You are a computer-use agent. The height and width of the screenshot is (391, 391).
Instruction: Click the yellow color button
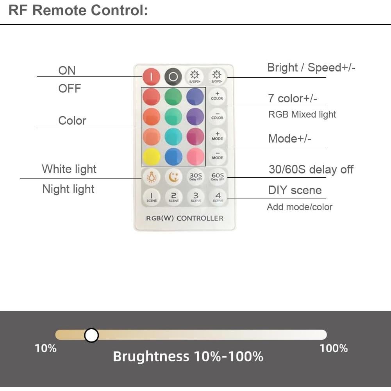click(151, 157)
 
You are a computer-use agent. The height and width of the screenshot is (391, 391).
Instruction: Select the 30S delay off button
click(195, 177)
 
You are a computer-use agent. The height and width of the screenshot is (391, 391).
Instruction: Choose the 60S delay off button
click(218, 177)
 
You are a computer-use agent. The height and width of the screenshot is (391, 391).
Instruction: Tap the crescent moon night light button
click(173, 177)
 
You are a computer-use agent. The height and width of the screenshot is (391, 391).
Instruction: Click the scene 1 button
click(151, 196)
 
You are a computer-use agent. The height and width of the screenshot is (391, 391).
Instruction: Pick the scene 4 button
click(218, 196)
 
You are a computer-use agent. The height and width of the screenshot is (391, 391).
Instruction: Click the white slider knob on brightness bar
click(91, 335)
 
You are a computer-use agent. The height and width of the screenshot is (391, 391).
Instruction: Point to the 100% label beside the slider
click(334, 348)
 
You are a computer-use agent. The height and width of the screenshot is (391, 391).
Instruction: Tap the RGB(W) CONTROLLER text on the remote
click(185, 218)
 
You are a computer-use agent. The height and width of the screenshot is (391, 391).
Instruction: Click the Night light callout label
click(68, 189)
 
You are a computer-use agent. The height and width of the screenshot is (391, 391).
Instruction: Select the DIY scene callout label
click(295, 191)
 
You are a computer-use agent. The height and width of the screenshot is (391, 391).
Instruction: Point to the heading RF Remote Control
click(78, 11)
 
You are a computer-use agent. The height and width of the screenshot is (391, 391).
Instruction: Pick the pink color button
click(195, 157)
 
